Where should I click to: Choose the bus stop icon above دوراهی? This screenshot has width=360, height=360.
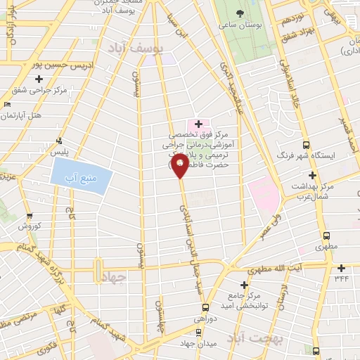(x=205, y=307)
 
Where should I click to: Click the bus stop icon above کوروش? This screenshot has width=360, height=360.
(x=29, y=217)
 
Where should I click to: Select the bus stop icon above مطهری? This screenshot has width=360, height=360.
(x=325, y=236)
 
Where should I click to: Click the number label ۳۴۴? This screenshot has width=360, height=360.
(x=341, y=278)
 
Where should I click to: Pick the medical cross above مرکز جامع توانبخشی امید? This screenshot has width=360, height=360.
(x=244, y=285)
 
